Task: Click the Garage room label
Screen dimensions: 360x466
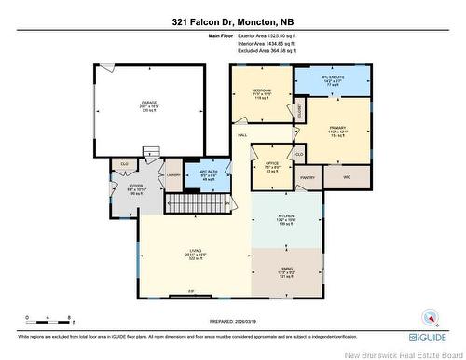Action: tap(148, 104)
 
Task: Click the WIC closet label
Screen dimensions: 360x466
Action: tap(346, 176)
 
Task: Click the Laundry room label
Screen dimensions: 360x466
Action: tap(173, 174)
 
